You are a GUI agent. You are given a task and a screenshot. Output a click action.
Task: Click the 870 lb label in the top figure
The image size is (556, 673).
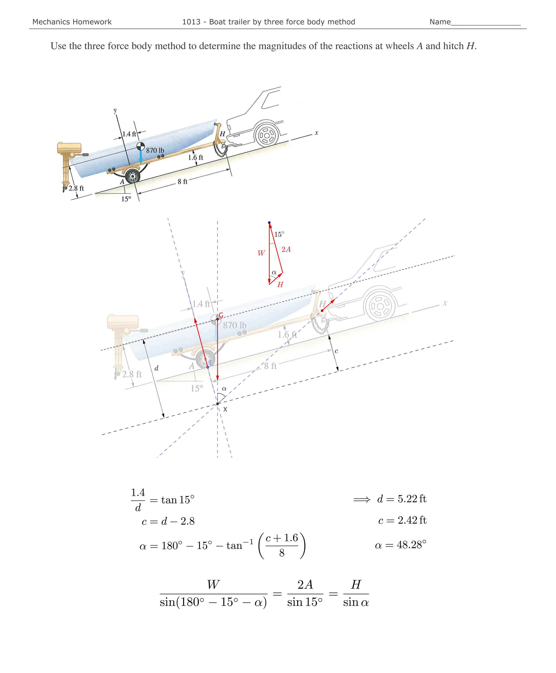click(155, 150)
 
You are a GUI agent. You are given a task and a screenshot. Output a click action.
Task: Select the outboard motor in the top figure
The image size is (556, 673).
click(68, 160)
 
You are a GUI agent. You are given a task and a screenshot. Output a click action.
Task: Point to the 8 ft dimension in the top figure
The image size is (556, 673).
click(182, 182)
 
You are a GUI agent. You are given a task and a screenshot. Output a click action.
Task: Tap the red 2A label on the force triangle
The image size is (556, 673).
click(286, 249)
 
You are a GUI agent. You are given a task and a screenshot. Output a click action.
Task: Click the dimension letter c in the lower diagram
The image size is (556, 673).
click(336, 351)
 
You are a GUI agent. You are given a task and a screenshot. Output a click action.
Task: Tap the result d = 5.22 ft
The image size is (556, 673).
click(401, 499)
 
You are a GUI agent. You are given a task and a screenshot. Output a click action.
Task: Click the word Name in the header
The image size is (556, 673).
click(440, 22)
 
